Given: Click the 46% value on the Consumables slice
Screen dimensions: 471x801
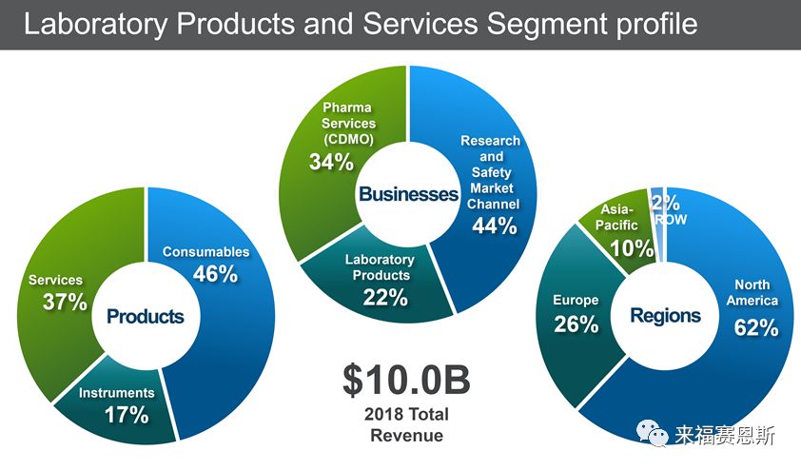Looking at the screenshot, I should click(216, 275).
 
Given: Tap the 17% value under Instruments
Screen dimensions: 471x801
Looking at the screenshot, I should click(126, 415).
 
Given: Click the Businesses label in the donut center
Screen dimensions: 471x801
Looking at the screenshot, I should click(407, 194).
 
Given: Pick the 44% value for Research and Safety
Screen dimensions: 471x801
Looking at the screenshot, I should click(494, 226).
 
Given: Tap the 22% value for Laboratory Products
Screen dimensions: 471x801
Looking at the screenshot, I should click(385, 298).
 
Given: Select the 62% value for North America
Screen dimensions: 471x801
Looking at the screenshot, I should click(756, 327).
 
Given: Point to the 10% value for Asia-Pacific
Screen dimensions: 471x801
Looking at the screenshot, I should click(632, 249).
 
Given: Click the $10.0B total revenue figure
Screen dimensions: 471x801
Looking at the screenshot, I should click(405, 380).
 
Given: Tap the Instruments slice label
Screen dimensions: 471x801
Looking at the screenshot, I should click(116, 393).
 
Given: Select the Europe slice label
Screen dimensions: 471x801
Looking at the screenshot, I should click(576, 301).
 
